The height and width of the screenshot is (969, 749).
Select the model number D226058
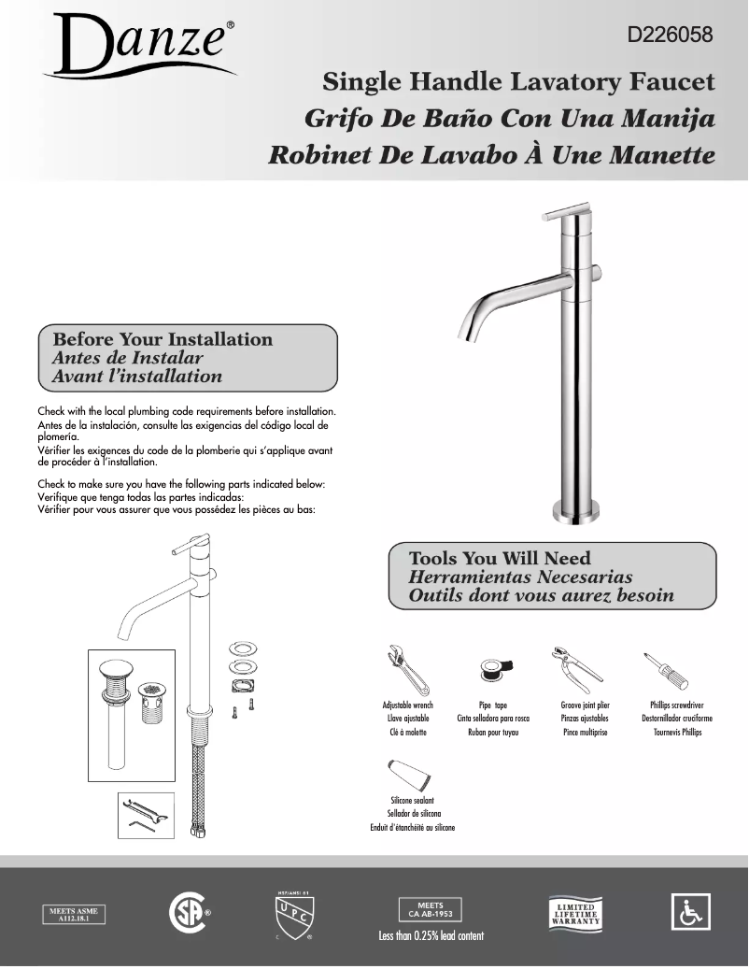[x=669, y=36]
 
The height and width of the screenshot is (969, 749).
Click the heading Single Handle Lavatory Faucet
[x=518, y=82]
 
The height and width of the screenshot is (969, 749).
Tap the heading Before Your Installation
[x=163, y=339]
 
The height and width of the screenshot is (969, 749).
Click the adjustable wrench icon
[x=407, y=669]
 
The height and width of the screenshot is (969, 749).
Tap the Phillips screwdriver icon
[x=665, y=670]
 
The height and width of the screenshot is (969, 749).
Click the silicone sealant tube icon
[x=408, y=775]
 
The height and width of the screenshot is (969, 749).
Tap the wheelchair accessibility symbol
[x=691, y=912]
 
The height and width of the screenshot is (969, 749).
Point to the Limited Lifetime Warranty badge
[x=575, y=913]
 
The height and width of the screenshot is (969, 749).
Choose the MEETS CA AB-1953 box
[x=431, y=909]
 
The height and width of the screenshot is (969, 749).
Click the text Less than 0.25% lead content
[x=431, y=935]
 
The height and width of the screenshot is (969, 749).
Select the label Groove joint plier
[x=585, y=705]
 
